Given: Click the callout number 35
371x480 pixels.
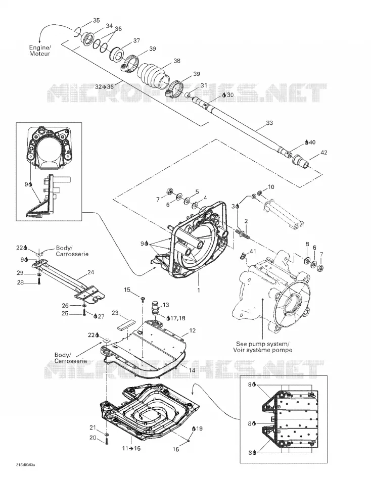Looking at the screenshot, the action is (x=96, y=21).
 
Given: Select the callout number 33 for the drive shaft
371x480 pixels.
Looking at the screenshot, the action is (x=269, y=123).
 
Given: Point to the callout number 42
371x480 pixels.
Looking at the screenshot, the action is (x=323, y=152).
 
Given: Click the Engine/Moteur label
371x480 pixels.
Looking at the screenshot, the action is (x=39, y=51).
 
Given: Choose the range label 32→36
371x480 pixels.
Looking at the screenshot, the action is (x=104, y=87).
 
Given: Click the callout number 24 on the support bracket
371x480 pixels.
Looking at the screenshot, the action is (x=90, y=272).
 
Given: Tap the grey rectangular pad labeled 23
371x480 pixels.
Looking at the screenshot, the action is (x=126, y=324).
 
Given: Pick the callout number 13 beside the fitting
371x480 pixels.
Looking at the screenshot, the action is (x=166, y=305).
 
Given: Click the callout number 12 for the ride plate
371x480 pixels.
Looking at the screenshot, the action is (x=193, y=330).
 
